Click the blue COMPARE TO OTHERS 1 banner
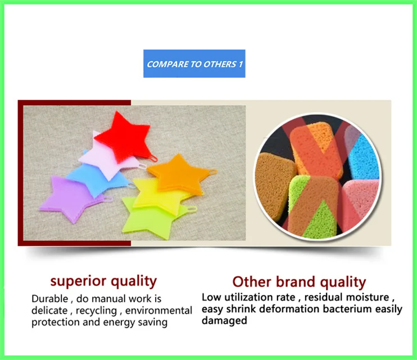click(x=194, y=64)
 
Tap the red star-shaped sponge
click(x=124, y=136)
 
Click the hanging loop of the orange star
click(x=213, y=172)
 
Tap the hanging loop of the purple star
click(x=108, y=199)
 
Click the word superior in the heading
click(x=78, y=281)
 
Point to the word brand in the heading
click(x=296, y=282)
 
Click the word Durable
click(x=49, y=299)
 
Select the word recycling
click(x=96, y=310)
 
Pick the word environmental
click(x=159, y=310)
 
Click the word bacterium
click(x=347, y=309)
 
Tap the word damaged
click(x=224, y=321)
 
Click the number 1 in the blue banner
click(x=241, y=64)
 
